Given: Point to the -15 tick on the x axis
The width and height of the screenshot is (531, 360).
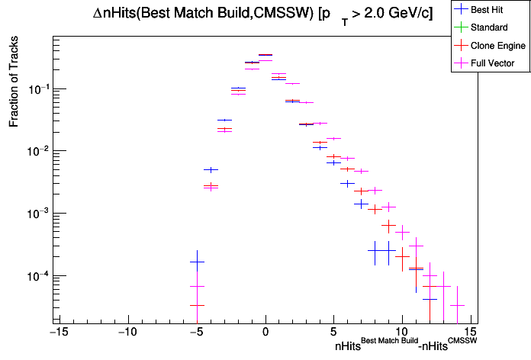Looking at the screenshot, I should pos(58,332).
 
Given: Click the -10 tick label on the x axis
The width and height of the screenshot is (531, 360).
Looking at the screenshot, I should pos(127,332).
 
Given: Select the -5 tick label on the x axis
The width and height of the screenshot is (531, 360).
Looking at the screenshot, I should pos(196,332).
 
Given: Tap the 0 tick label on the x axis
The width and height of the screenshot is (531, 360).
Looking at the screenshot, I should pos(265,332).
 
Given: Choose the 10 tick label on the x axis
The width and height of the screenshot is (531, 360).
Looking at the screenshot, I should pos(402,332).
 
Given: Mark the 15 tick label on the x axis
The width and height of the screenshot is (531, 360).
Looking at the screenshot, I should pos(471,332).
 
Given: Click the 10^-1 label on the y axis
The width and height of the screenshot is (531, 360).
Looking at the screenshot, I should pos(37,89).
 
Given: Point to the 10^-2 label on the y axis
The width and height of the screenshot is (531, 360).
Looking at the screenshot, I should pos(37,151).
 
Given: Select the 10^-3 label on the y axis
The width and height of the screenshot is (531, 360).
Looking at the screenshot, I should pos(37,214).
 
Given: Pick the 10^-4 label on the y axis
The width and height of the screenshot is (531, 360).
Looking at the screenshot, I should pos(37,276).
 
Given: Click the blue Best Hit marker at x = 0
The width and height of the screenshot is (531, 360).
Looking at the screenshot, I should pos(265,55).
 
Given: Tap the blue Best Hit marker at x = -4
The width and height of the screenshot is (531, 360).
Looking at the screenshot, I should pos(211,169).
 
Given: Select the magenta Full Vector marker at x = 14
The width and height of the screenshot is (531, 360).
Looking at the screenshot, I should pos(457,305).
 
